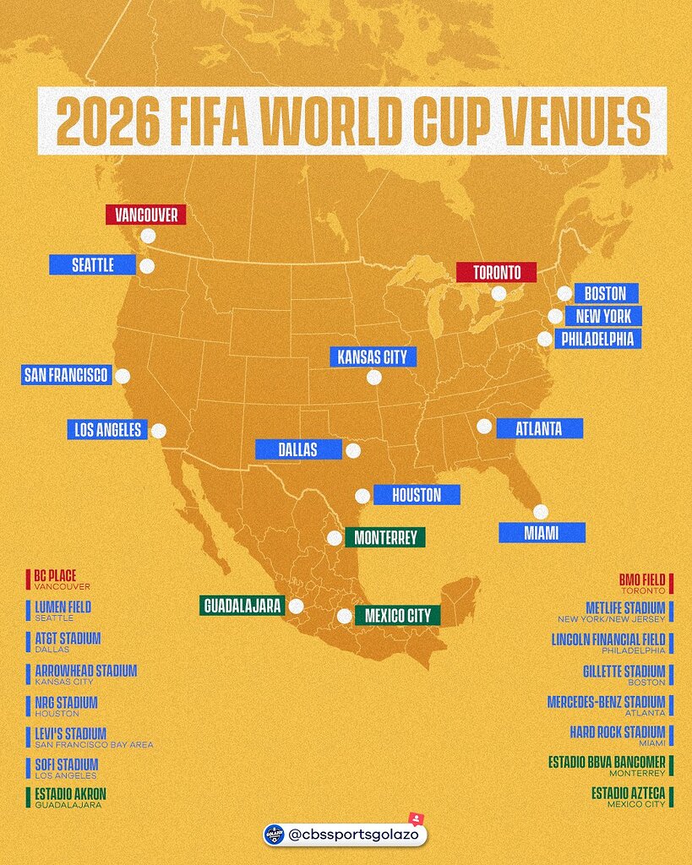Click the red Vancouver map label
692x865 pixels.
[145, 215]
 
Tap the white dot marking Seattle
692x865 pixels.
[147, 267]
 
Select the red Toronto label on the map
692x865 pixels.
[496, 273]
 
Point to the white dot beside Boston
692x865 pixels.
[564, 294]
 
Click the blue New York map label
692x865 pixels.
[603, 316]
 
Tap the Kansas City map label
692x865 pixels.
[372, 357]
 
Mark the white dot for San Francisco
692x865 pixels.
[123, 376]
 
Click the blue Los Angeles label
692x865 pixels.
[107, 429]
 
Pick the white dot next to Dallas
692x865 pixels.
[353, 450]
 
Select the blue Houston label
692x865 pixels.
[417, 495]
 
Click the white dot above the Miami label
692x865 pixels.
[541, 511]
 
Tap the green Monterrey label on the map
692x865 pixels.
[384, 537]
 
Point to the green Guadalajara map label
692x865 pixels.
[241, 606]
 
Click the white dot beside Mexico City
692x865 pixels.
[344, 617]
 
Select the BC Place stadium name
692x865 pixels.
[55, 575]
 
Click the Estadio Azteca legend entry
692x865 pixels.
[629, 793]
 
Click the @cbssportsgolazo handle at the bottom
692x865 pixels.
[353, 835]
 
